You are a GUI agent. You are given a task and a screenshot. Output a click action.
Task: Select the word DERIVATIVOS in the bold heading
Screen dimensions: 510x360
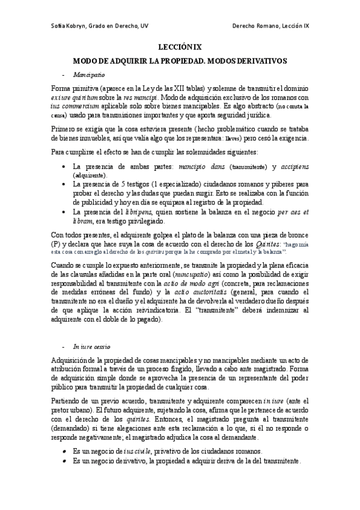pos(259,61)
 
